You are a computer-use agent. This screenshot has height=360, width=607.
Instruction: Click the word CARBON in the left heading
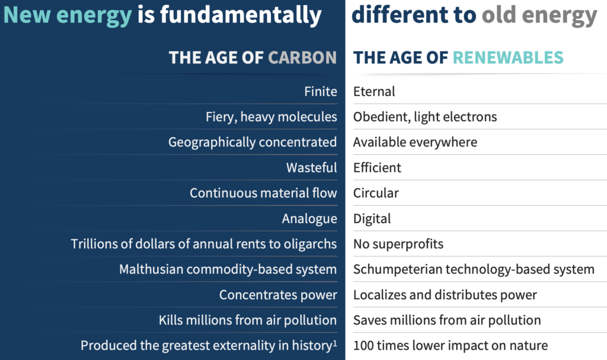click(x=302, y=58)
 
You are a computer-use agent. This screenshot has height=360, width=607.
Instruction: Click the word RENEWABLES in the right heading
click(x=508, y=58)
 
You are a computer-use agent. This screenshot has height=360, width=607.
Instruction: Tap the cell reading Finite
click(x=321, y=91)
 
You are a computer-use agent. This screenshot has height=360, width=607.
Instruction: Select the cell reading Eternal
click(x=374, y=91)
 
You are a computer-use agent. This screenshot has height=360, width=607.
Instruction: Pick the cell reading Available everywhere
click(x=415, y=142)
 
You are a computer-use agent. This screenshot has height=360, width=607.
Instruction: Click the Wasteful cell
click(x=312, y=167)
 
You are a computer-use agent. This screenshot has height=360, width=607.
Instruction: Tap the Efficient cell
click(x=377, y=167)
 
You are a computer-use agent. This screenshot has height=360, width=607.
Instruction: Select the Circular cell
click(x=376, y=193)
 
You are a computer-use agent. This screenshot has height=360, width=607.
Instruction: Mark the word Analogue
click(x=309, y=219)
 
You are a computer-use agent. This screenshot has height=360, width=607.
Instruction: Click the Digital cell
click(x=372, y=219)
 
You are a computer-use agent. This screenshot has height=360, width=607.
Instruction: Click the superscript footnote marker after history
click(x=335, y=343)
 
